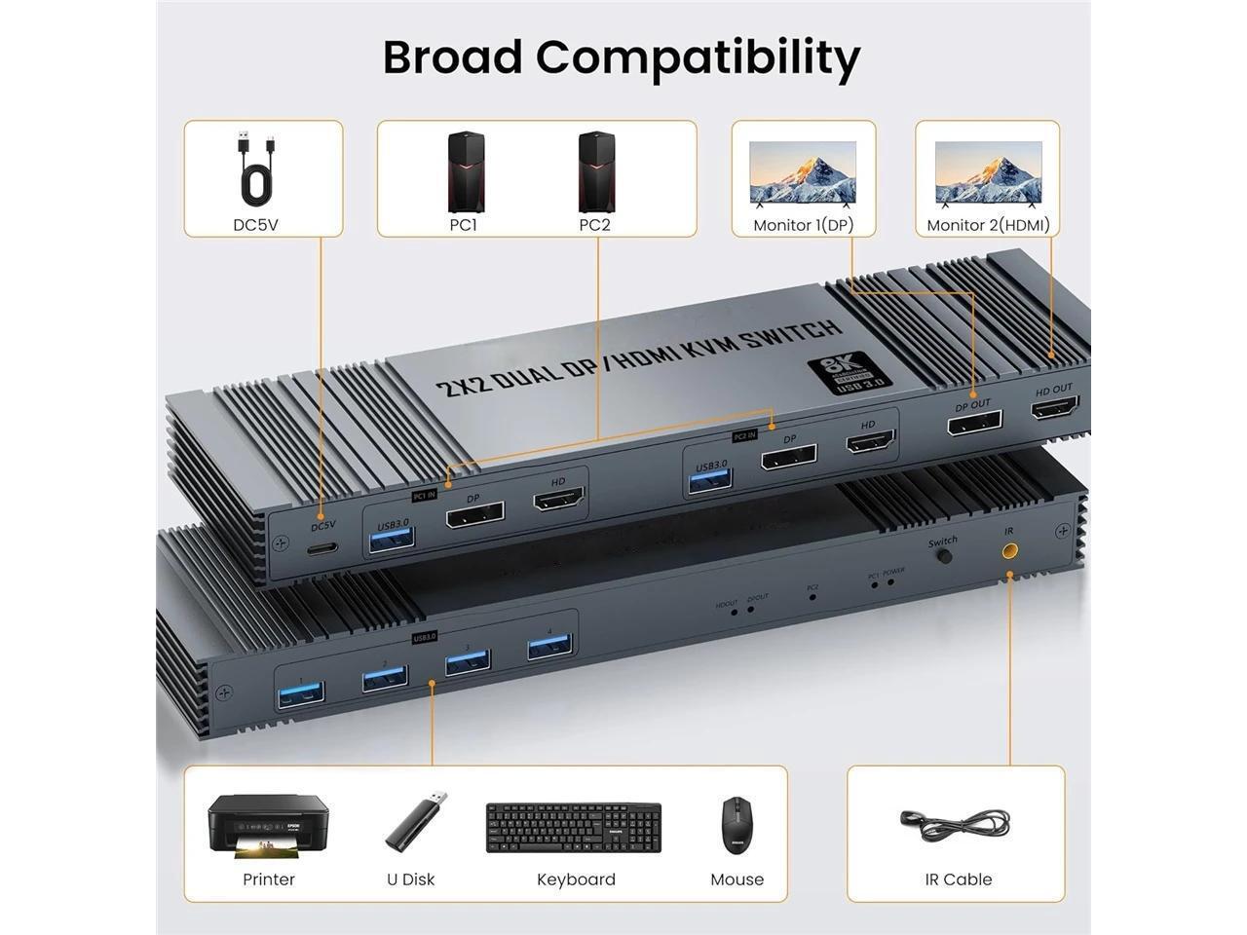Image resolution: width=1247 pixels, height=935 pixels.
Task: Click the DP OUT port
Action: point(974,423)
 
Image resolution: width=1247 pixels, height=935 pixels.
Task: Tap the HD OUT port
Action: point(1055,407)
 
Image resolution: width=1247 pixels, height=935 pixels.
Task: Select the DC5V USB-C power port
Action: point(322,547)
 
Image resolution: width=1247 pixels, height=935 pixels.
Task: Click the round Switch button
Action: point(943,557)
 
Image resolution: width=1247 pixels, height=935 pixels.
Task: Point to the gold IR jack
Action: point(1009,551)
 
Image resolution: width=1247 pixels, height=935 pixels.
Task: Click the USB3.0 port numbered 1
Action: point(302,695)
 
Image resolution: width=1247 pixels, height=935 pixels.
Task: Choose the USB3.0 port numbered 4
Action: point(548,647)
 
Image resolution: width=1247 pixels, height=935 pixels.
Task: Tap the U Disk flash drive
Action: point(416,821)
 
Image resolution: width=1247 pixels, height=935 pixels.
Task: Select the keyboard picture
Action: point(574,828)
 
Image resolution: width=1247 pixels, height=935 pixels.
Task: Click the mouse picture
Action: point(737,826)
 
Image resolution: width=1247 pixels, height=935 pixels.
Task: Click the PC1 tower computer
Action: point(465,172)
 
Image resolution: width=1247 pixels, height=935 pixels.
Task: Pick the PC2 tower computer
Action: point(595,172)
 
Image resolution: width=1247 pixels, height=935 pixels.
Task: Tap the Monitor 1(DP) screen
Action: point(803,174)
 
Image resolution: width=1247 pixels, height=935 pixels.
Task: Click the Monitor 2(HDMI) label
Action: point(987,225)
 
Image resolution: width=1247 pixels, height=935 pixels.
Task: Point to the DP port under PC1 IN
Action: point(474,514)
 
